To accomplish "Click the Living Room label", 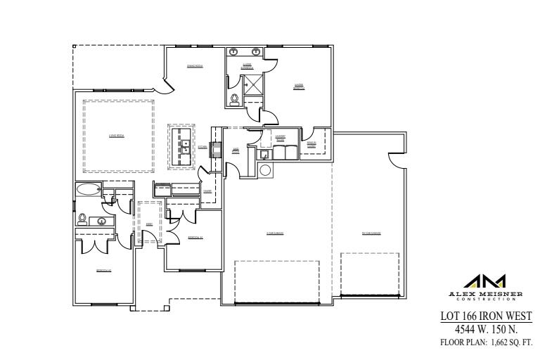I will click(x=117, y=136).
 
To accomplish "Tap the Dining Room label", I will click(x=195, y=66).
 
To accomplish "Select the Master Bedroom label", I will click(x=299, y=87).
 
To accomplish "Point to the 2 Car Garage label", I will click(x=275, y=233).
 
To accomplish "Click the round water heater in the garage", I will click(x=266, y=170).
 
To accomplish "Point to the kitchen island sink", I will click(x=186, y=146).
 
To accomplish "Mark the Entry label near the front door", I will click(x=149, y=224).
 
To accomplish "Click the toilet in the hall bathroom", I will click(x=82, y=219).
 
